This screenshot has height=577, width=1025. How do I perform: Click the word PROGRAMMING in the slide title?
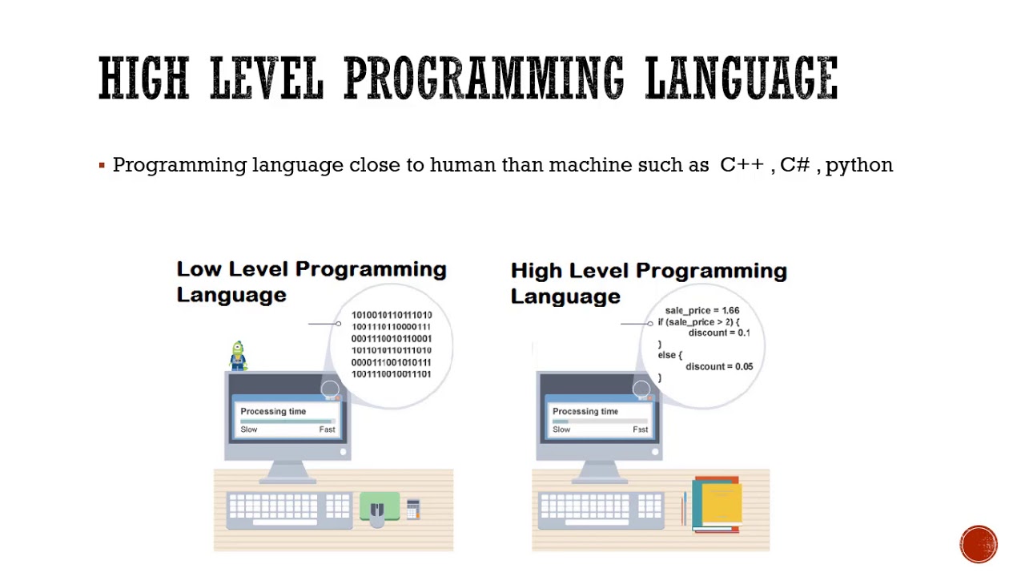483,79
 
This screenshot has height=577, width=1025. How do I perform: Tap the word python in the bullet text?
858,165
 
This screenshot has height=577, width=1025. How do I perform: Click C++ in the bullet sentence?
742,164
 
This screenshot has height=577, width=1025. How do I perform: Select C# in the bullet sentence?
794,164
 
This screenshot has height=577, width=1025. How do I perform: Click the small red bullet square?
102,166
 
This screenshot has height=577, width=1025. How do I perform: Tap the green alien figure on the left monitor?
238,356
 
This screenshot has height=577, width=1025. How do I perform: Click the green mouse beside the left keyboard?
379,507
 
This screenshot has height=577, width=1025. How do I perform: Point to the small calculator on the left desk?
413,509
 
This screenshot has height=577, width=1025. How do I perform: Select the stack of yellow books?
717,504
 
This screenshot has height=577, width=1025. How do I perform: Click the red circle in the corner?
979,544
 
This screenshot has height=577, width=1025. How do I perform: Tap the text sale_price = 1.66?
701,311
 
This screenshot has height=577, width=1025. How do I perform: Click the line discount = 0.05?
718,367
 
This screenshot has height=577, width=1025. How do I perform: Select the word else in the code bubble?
669,355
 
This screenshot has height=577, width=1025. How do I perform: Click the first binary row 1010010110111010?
391,315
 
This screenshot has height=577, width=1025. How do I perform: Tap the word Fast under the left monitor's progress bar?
327,430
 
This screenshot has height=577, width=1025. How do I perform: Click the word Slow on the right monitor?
561,430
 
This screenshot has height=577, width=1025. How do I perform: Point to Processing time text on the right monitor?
585,411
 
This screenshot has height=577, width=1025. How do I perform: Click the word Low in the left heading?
199,269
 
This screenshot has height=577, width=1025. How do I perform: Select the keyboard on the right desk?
601,510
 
